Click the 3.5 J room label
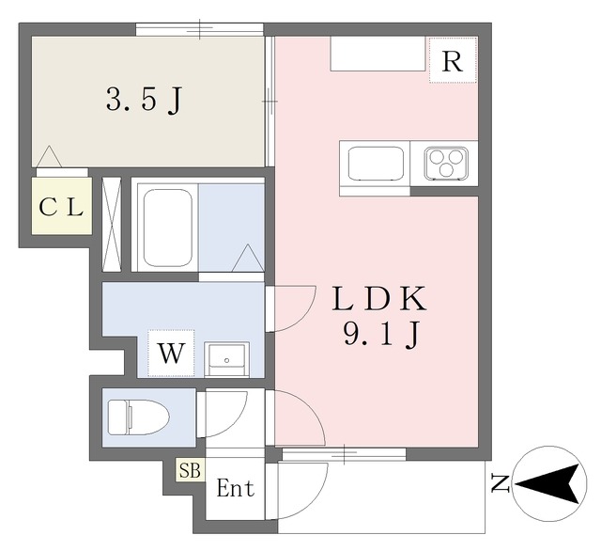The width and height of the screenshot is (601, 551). [144, 100]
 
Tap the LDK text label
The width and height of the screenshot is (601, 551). [379, 299]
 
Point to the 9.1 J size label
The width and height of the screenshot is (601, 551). [381, 335]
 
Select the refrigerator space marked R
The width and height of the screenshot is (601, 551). [453, 60]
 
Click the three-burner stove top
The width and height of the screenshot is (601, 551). [446, 164]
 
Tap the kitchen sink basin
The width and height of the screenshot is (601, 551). [376, 164]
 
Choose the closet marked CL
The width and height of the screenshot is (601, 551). [62, 206]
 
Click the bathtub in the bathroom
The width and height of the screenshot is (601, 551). [167, 228]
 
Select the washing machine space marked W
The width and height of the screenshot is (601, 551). [171, 353]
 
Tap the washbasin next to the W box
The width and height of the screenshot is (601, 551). [226, 359]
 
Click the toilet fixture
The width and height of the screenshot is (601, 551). [138, 417]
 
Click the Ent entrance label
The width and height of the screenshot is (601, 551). [236, 488]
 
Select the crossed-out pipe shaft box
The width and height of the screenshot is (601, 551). [112, 225]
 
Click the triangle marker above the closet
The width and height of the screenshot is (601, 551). [49, 156]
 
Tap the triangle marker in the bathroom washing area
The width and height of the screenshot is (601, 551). [248, 258]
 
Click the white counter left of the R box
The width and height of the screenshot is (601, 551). [378, 54]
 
